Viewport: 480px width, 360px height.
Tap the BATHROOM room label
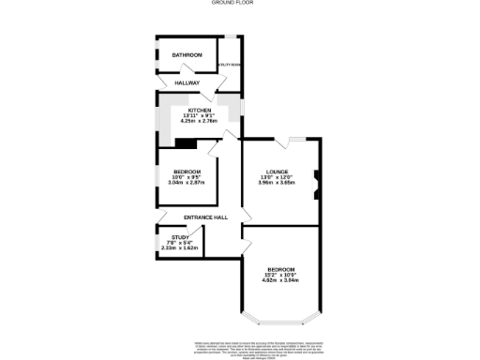[x=187, y=55]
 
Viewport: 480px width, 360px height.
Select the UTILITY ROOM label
[x=230, y=65]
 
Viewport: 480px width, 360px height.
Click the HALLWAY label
[x=187, y=82]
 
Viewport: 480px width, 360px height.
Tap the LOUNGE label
[x=277, y=171]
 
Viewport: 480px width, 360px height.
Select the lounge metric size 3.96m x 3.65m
[x=277, y=182]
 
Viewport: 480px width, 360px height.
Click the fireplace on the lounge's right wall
[x=315, y=177]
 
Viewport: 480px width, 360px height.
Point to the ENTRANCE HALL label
[x=205, y=217]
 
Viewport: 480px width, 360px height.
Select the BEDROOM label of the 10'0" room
[x=187, y=171]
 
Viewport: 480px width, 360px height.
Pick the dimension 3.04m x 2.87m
[x=187, y=182]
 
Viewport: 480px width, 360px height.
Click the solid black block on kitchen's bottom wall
[x=186, y=143]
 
